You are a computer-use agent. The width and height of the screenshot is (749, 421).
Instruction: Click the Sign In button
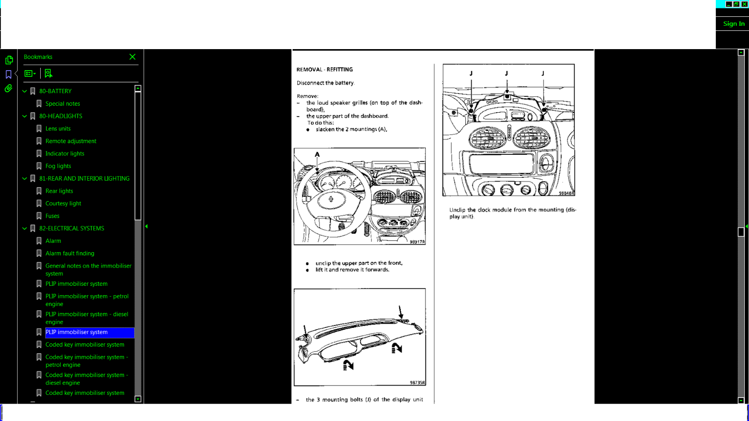[x=733, y=24]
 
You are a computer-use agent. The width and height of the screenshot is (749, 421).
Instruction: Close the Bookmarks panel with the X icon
[x=132, y=57]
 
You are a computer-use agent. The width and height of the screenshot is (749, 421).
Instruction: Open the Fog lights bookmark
[x=58, y=166]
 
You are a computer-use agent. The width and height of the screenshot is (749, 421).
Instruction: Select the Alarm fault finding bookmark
[x=70, y=254]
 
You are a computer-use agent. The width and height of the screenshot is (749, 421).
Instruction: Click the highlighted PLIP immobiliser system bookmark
[x=76, y=332]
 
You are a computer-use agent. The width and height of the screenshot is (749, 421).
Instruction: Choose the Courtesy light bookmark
[x=63, y=203]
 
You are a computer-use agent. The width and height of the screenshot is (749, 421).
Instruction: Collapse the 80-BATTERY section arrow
[x=25, y=91]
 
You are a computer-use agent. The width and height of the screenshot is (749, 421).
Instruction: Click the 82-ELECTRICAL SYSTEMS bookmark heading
[x=72, y=228]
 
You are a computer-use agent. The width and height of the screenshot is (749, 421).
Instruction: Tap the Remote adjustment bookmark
[x=71, y=141]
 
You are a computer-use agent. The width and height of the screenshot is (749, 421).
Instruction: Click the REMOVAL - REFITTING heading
[x=324, y=69]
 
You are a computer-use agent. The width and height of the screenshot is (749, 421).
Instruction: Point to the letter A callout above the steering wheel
[x=317, y=154]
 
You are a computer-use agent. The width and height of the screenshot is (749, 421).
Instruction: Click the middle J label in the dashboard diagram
[x=506, y=73]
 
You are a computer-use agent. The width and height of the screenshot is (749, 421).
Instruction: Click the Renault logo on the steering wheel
[x=331, y=199]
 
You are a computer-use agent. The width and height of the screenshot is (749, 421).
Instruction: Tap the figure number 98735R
[x=417, y=383]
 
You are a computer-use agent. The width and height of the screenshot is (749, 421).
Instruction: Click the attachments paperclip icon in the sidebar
[x=8, y=88]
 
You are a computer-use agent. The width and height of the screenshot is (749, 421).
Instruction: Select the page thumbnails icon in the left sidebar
[x=9, y=60]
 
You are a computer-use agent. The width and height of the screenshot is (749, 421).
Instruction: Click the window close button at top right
[x=744, y=4]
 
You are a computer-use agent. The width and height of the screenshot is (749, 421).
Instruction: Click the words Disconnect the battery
[x=325, y=83]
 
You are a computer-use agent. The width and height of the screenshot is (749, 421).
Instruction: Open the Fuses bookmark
[x=52, y=216]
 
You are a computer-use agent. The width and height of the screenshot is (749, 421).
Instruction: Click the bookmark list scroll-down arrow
[x=138, y=399]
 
